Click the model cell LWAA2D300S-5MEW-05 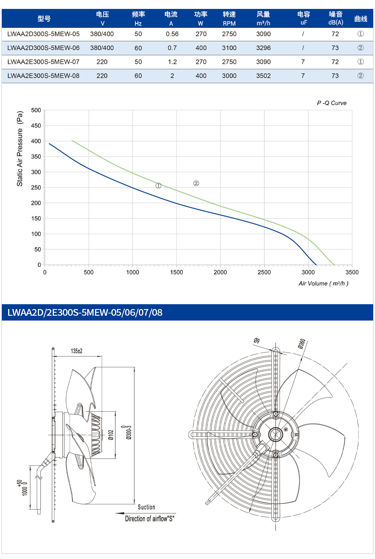43,34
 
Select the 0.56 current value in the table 172,34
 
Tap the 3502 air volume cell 263,76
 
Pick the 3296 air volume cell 263,48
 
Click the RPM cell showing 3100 229,48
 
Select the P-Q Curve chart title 332,103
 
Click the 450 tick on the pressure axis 36,126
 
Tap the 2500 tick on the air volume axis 264,272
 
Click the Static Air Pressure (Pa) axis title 20,149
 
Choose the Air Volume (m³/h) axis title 323,283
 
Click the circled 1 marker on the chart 159,186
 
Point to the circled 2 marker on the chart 196,183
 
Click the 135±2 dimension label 76,351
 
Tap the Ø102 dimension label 111,435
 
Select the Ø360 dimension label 301,344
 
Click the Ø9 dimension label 257,340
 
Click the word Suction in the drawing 146,507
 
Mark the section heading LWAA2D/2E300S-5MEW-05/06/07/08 85,312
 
